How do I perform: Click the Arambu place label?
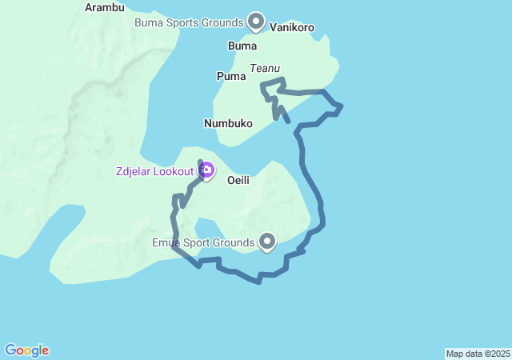[105, 8]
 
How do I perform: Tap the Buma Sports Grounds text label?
[189, 22]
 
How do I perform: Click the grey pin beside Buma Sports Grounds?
[256, 20]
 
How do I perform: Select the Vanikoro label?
[292, 27]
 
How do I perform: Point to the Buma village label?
[242, 46]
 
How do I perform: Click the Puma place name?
[230, 76]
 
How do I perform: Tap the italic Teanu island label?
[265, 70]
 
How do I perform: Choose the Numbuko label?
[228, 123]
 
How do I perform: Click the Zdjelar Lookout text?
[154, 172]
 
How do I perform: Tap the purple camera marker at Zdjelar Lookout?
[206, 170]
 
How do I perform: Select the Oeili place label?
[238, 180]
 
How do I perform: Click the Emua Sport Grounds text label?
[203, 242]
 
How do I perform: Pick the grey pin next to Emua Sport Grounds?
[267, 239]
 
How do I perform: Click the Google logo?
[27, 350]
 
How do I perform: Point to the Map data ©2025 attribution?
[478, 354]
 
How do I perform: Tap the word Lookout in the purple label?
[174, 172]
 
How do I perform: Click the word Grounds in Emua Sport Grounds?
[233, 242]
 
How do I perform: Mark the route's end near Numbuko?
[288, 122]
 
